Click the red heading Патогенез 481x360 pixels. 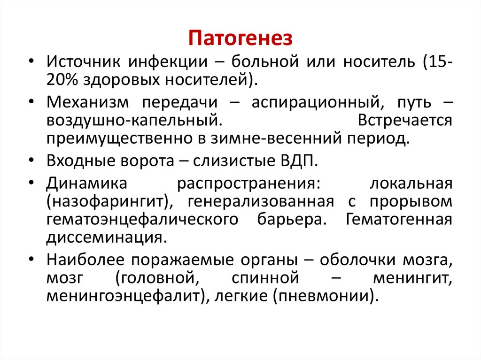coord(240,38)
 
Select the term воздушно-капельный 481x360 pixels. coord(132,120)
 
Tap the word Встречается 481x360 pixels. coord(405,120)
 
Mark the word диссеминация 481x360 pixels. coord(106,237)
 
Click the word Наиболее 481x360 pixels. coord(87,260)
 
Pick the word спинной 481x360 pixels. coord(265,278)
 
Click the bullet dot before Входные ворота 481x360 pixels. coord(31,162)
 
